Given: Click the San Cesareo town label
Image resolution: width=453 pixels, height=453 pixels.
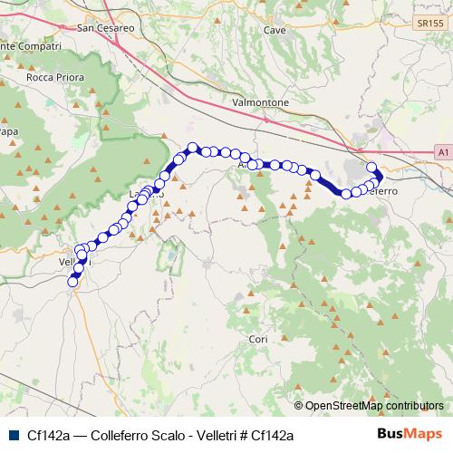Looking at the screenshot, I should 107,28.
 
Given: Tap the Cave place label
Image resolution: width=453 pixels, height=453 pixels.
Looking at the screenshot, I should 275,30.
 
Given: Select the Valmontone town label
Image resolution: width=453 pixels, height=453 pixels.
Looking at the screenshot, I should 261,103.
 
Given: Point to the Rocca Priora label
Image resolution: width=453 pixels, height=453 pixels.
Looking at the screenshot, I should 57,102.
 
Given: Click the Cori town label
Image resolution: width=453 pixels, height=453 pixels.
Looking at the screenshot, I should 258,339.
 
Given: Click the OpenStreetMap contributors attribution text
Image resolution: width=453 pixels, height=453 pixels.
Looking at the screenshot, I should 374,406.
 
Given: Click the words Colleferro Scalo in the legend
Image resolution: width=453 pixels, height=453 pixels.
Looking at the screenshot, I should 129,435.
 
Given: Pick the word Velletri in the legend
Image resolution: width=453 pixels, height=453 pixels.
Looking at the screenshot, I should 207,435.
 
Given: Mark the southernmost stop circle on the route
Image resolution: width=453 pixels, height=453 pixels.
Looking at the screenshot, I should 73,282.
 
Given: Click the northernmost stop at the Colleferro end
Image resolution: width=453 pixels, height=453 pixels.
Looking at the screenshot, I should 371,167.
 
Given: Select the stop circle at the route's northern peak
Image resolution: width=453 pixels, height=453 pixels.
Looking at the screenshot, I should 192,148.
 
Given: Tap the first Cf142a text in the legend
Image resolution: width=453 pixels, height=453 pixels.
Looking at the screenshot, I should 48,435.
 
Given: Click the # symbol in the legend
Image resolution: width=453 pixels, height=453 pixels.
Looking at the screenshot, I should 239,435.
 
